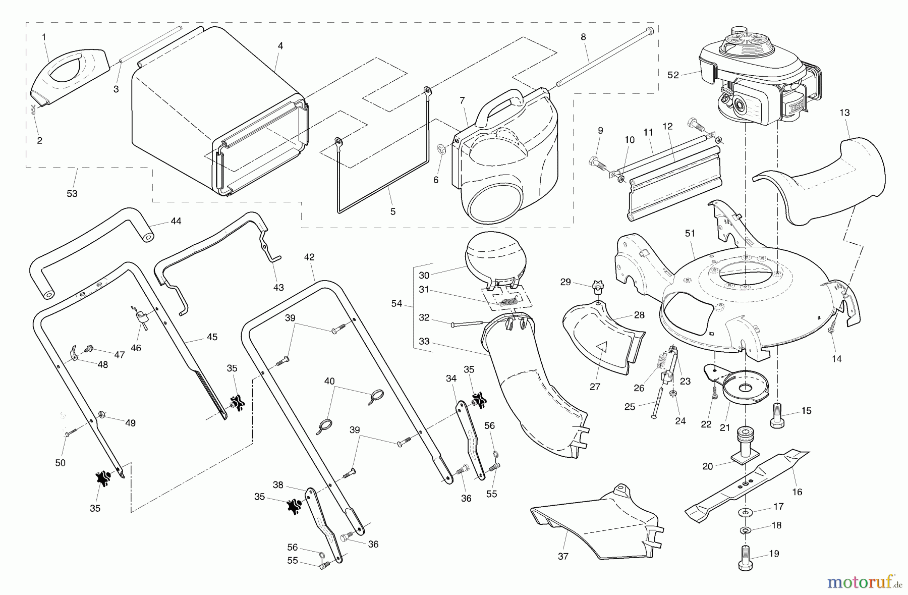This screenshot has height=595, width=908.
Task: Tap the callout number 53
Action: [72, 193]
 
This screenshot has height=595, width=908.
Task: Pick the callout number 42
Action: [309, 257]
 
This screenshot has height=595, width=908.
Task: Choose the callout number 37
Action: [563, 556]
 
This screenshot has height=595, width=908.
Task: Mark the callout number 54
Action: [397, 303]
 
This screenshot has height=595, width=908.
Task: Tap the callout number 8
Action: [583, 36]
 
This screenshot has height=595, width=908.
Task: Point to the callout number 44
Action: [176, 221]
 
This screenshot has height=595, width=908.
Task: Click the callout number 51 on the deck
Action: [690, 233]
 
